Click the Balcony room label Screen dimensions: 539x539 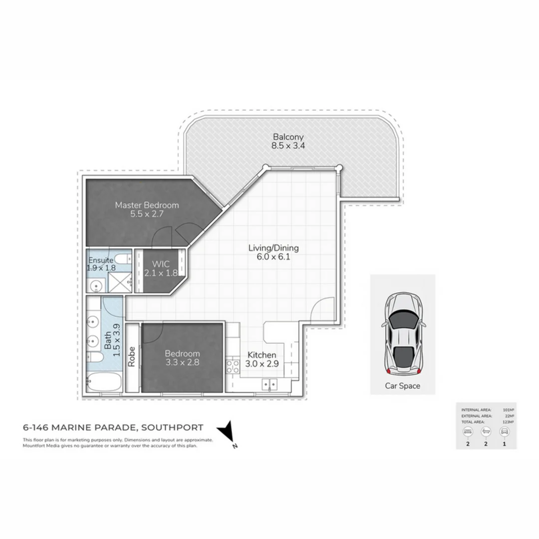pyautogui.click(x=288, y=137)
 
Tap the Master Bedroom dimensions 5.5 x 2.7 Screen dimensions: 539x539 pyautogui.click(x=147, y=214)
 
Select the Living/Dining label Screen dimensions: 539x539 pyautogui.click(x=273, y=248)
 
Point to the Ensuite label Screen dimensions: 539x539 pyautogui.click(x=101, y=260)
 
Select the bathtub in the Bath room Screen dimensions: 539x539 pyautogui.click(x=103, y=385)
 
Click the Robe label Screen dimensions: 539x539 pyautogui.click(x=132, y=357)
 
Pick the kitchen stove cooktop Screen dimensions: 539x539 pyautogui.click(x=233, y=366)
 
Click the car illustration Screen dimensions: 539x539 pyautogui.click(x=403, y=334)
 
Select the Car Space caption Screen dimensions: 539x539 pyautogui.click(x=402, y=386)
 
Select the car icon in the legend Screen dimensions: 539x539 pyautogui.click(x=504, y=431)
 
